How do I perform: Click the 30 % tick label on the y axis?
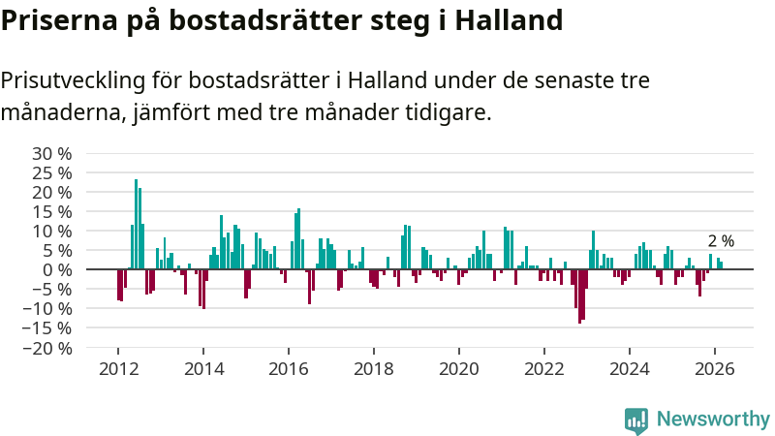pos(51,154)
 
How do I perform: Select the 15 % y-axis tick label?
pos(51,212)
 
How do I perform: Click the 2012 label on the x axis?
pos(118,368)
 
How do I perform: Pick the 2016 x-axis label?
pos(289,368)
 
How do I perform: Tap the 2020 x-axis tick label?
pos(459,368)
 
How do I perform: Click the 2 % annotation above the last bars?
pos(721,241)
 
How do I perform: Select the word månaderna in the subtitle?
pos(62,112)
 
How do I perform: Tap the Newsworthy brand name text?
pos(713,420)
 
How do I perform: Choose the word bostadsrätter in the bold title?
pos(253,20)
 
